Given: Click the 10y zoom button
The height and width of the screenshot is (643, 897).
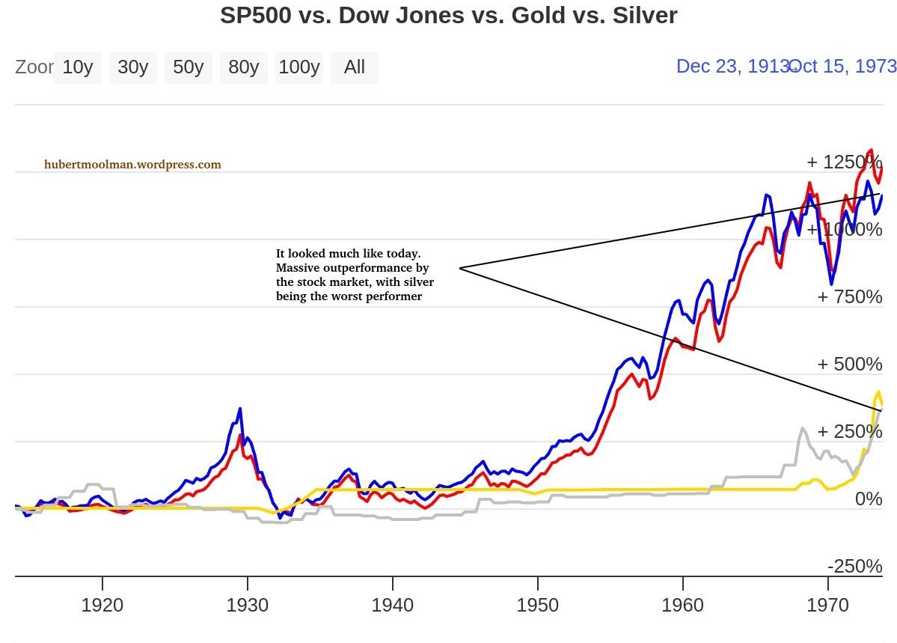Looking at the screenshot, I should point(77,67).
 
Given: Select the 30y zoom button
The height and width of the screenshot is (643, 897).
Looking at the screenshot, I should point(132,67).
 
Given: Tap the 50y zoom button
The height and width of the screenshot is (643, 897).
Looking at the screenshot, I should point(188,67).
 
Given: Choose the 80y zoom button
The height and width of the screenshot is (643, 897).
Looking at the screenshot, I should point(243,67).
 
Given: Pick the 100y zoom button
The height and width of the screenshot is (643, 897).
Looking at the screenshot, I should point(299,67).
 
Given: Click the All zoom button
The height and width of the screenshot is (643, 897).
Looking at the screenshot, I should point(354,67).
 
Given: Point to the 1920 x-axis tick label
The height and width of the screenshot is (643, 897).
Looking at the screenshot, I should point(102,605).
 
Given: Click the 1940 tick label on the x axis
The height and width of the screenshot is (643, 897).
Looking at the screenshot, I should point(392,605).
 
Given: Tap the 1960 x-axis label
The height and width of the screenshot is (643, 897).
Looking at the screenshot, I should point(682,605).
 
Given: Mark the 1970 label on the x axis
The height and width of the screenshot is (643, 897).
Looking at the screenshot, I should point(827,605).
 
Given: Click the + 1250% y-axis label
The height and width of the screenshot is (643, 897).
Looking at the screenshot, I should point(844,162).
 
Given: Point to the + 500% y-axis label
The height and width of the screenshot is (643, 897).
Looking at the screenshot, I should point(849,365).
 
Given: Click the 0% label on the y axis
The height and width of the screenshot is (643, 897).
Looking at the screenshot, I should point(869,499).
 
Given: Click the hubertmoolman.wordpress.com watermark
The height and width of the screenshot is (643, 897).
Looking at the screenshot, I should point(132,165).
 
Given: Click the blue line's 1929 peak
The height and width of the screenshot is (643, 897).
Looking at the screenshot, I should point(239,409).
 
